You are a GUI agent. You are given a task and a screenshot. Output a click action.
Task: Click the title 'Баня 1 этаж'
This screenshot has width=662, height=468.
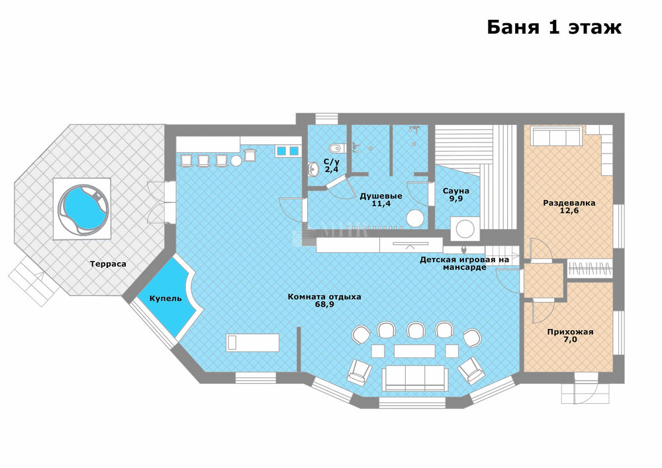coord(554,27)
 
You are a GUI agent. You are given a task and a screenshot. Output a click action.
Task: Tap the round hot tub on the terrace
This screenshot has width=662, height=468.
coord(83,209)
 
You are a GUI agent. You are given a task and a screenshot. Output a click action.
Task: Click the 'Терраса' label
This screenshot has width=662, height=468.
coord(108,264)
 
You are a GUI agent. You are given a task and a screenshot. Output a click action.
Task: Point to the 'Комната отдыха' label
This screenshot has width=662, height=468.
coord(324,297)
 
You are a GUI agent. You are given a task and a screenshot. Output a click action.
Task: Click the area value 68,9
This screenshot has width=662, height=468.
coord(324,304)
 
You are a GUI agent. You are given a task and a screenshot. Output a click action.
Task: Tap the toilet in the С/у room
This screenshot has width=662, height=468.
coord(337,148)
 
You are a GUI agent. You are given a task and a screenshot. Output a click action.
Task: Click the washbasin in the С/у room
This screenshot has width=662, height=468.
coord(313,169)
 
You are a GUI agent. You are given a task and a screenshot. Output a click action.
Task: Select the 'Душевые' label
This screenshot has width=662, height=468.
coord(381,196)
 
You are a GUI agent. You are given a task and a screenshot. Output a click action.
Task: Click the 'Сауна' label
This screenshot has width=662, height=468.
coord(455,191)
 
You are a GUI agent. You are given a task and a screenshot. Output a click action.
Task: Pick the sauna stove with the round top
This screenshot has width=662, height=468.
coord(465,230)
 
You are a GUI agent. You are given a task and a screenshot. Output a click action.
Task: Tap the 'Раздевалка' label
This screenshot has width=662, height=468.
coord(569,203)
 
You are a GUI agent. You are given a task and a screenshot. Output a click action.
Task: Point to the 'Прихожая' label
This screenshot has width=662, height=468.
coord(570,332)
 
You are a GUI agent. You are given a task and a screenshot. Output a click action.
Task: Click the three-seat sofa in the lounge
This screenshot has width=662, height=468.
coord(414,378)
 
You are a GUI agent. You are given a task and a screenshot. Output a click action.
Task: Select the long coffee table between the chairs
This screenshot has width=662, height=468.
coord(414,351)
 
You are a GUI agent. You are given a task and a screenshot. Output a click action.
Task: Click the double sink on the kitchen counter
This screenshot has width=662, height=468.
coord(288,151)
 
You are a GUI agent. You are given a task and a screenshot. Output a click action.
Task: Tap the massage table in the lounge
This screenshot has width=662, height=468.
coord(252,343)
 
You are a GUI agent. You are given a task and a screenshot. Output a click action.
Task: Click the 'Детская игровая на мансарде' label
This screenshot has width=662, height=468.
coord(465,263)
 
